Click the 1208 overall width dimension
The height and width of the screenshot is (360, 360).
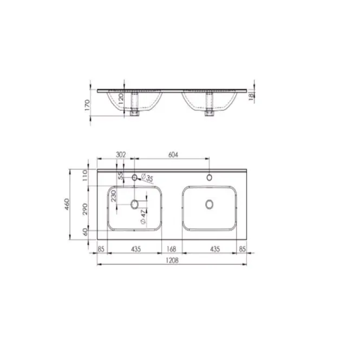coord(172,260)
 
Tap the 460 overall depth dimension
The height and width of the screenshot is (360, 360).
coord(67,204)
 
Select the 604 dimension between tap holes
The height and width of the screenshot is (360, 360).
coord(173,155)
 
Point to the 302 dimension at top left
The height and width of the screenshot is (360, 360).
coord(121,155)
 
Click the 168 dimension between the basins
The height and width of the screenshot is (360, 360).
coord(172,249)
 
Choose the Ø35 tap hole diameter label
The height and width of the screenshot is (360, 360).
coord(147,178)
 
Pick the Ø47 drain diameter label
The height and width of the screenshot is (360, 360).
coord(143,217)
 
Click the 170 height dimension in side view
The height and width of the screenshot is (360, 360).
coord(87,105)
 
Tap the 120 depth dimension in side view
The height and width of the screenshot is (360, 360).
coord(121,98)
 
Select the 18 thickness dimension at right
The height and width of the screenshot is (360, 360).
coord(251,96)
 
